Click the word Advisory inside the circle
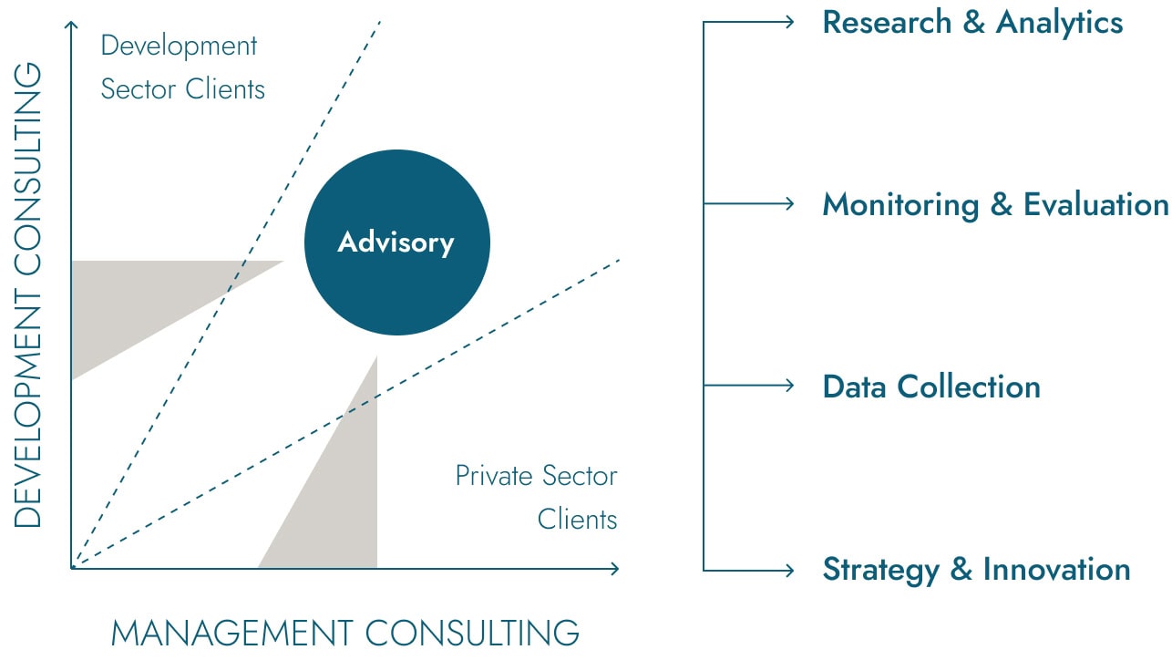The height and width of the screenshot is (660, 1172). click(x=396, y=242)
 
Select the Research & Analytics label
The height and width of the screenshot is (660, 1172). click(x=972, y=23)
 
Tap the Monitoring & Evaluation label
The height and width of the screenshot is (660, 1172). click(x=995, y=204)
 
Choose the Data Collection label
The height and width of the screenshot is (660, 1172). click(x=931, y=387)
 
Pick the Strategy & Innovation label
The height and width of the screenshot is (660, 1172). click(x=976, y=570)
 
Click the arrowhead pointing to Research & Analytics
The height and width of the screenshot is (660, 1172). click(x=789, y=22)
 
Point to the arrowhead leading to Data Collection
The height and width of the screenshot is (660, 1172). click(x=789, y=386)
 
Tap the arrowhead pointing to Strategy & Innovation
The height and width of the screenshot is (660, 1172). click(x=789, y=570)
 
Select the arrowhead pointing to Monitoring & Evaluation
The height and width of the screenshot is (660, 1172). click(x=789, y=203)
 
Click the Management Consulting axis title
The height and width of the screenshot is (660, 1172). click(x=344, y=633)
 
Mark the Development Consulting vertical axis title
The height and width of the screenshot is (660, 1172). click(x=27, y=295)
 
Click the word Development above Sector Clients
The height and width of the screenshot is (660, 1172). click(x=179, y=46)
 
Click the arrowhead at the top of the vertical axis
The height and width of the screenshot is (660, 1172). click(x=71, y=25)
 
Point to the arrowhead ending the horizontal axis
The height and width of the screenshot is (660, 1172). click(x=615, y=569)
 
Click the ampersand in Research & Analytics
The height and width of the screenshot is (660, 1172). click(x=973, y=23)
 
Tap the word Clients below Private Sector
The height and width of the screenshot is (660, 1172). click(x=577, y=520)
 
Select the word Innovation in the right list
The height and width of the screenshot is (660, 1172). click(x=1056, y=569)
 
